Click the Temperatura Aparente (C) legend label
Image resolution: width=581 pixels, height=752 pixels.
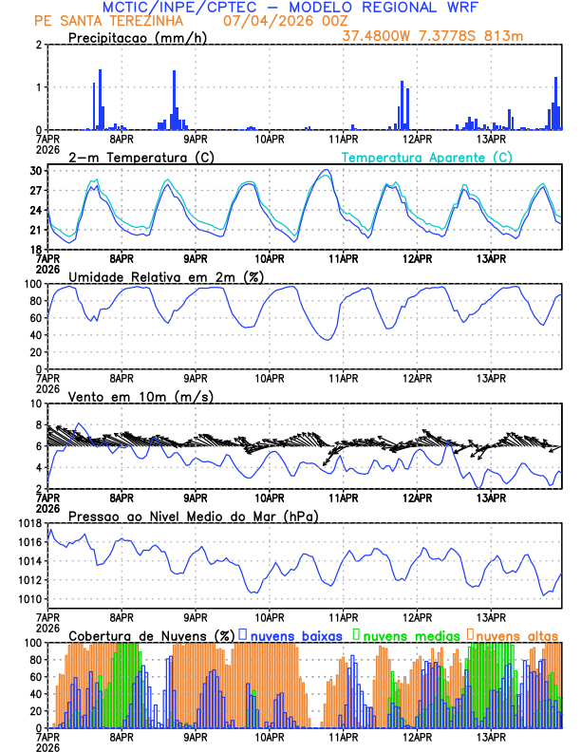(426, 157)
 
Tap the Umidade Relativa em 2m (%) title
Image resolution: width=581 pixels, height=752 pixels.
(165, 276)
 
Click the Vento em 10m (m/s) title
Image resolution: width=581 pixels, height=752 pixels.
(141, 396)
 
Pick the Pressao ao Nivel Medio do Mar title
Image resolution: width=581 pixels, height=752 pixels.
(194, 516)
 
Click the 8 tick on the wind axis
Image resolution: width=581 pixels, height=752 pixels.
(39, 404)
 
